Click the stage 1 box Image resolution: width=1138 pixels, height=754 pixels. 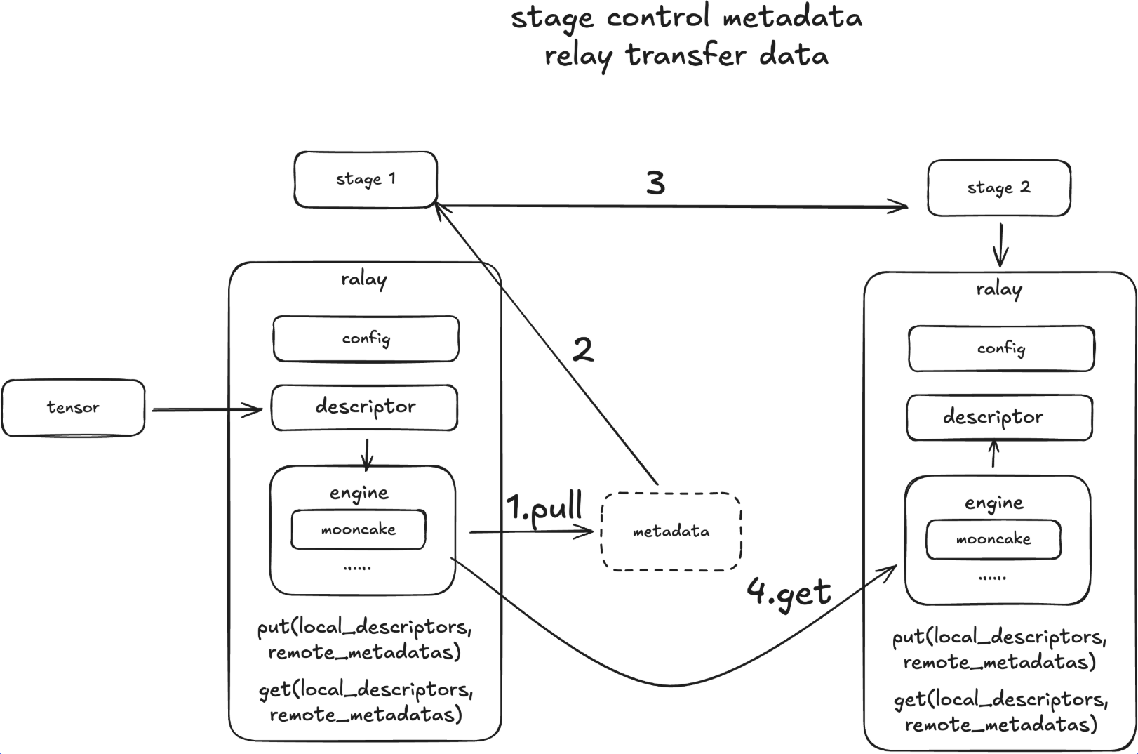pyautogui.click(x=366, y=180)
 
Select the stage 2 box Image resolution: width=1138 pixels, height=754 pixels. pyautogui.click(x=998, y=188)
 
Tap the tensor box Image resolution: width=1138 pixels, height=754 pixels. pyautogui.click(x=73, y=408)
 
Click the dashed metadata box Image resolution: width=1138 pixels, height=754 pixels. pyautogui.click(x=671, y=531)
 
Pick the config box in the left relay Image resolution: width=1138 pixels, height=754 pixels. pyautogui.click(x=366, y=339)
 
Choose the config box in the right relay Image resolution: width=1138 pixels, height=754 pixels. pyautogui.click(x=1001, y=349)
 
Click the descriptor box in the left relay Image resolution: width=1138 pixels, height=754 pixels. pyautogui.click(x=365, y=407)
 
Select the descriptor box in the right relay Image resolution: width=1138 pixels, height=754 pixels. pyautogui.click(x=1000, y=418)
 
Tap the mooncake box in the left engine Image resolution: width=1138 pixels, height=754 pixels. pyautogui.click(x=359, y=529)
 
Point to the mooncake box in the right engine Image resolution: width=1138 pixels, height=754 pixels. pyautogui.click(x=993, y=539)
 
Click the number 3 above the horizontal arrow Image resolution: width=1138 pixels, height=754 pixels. pyautogui.click(x=655, y=183)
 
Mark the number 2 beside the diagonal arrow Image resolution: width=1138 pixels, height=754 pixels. pyautogui.click(x=583, y=350)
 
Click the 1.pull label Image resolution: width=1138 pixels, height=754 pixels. pyautogui.click(x=544, y=508)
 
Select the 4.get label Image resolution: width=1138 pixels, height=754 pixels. pyautogui.click(x=789, y=592)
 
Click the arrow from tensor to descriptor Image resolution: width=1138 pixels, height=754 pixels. pyautogui.click(x=207, y=409)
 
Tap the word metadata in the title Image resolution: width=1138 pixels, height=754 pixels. pyautogui.click(x=792, y=17)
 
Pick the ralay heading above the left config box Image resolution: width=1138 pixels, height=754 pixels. pyautogui.click(x=364, y=279)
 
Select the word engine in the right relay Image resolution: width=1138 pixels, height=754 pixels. pyautogui.click(x=994, y=503)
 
